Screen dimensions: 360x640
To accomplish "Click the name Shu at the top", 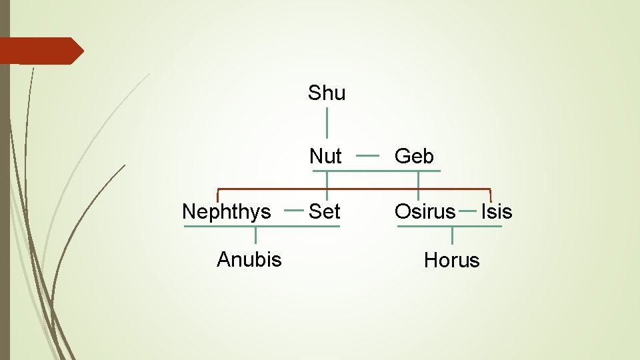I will [327, 93].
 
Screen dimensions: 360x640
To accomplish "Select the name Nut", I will [325, 157].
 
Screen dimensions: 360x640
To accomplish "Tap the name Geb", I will [414, 157].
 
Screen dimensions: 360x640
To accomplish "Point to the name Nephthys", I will [227, 212].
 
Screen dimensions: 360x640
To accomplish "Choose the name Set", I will [325, 212].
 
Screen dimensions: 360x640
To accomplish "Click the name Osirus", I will [425, 212].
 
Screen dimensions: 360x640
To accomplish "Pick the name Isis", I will [497, 212].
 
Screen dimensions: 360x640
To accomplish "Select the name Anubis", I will [249, 259].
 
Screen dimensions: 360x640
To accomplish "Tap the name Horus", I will [452, 260].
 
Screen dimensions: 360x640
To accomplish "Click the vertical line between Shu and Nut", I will [327, 123].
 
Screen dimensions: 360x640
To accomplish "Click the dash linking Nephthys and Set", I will [294, 210].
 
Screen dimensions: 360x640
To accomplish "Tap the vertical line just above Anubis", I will [255, 235].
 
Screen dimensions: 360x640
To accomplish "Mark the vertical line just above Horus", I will [452, 235].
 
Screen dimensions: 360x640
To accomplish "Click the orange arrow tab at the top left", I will [40, 51].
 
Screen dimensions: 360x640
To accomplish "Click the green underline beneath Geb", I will [417, 171].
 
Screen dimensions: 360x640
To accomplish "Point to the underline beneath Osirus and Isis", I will [449, 226].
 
